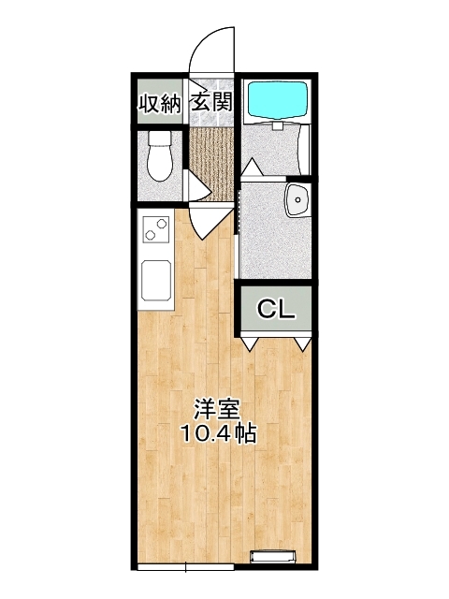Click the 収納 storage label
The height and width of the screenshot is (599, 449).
[x=160, y=102]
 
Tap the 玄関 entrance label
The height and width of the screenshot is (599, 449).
[x=212, y=102]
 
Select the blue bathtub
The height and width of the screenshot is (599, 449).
[x=278, y=99]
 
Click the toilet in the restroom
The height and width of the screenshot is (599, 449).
[x=160, y=156]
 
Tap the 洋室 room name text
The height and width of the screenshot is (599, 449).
[x=217, y=410]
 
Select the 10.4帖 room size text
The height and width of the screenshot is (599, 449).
[x=218, y=433]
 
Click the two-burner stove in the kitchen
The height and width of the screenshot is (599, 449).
[x=156, y=228]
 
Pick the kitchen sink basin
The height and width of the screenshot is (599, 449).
[x=156, y=280]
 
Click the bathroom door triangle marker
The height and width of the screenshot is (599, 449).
[x=253, y=168]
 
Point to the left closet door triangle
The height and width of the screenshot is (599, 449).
[x=250, y=343]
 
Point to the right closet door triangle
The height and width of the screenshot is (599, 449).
[x=303, y=343]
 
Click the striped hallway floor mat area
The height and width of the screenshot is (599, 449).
[x=211, y=165]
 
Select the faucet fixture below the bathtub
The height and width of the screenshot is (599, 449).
[x=278, y=125]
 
